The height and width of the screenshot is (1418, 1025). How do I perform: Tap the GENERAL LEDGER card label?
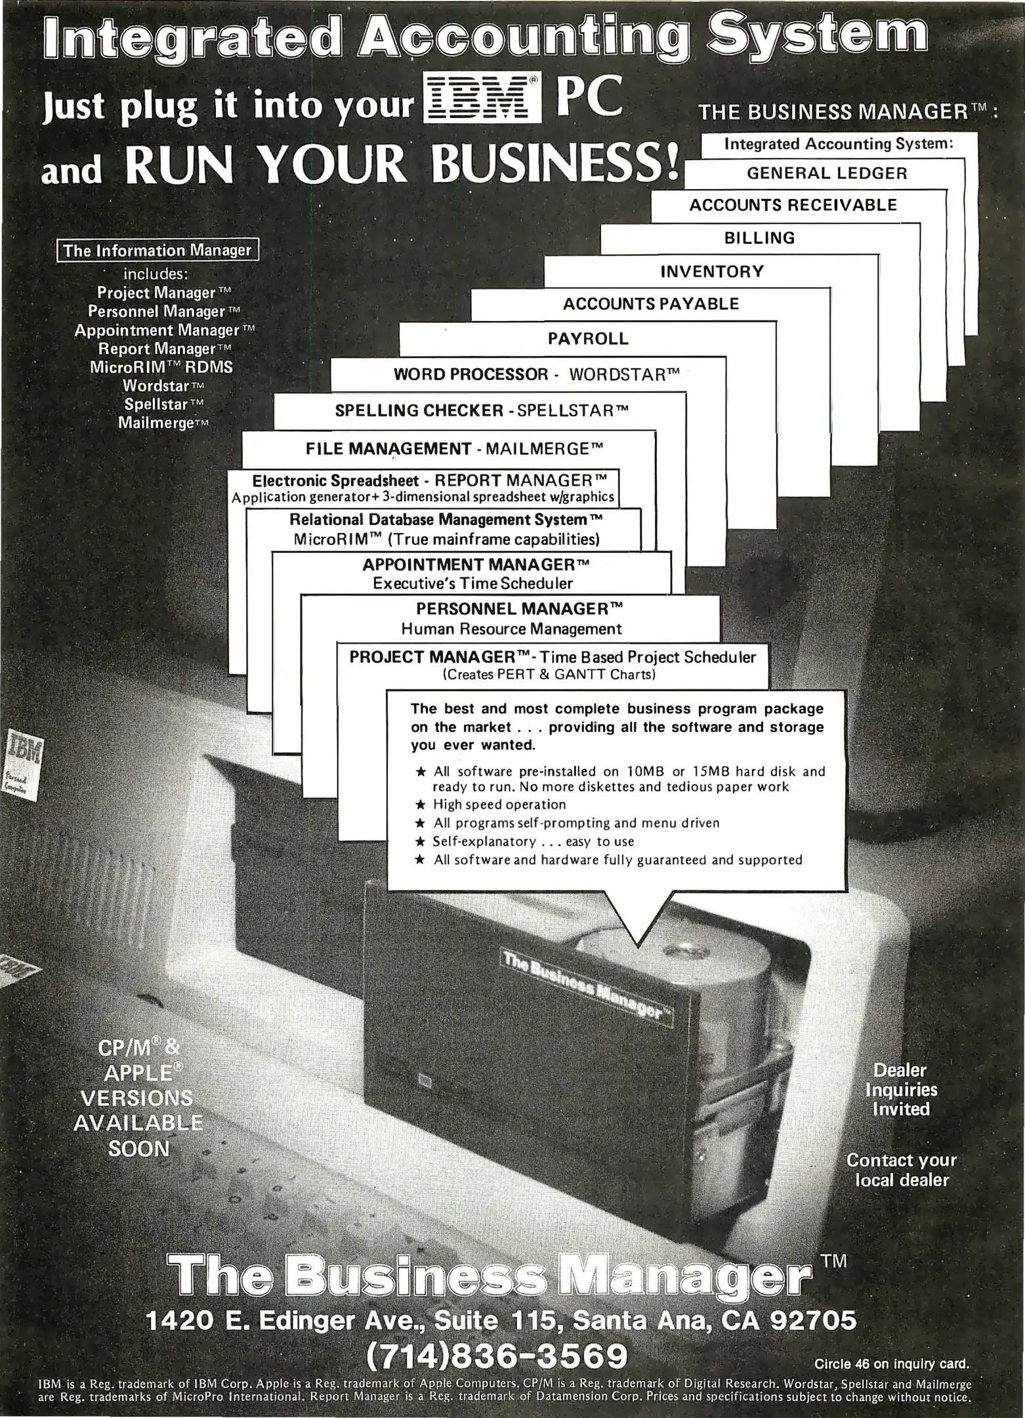827,173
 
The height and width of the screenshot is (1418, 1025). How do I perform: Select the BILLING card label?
759,238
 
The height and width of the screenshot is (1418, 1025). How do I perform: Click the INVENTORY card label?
712,271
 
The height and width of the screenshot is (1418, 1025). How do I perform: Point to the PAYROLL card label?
588,339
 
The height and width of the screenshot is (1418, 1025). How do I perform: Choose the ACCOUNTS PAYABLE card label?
651,304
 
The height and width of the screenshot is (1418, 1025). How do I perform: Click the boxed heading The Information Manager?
157,251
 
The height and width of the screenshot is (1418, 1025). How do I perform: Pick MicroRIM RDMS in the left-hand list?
161,366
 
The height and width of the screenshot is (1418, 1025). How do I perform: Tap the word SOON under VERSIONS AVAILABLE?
139,1149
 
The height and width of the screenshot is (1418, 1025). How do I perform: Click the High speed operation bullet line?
499,805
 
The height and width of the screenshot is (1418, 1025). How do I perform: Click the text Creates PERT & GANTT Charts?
549,674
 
